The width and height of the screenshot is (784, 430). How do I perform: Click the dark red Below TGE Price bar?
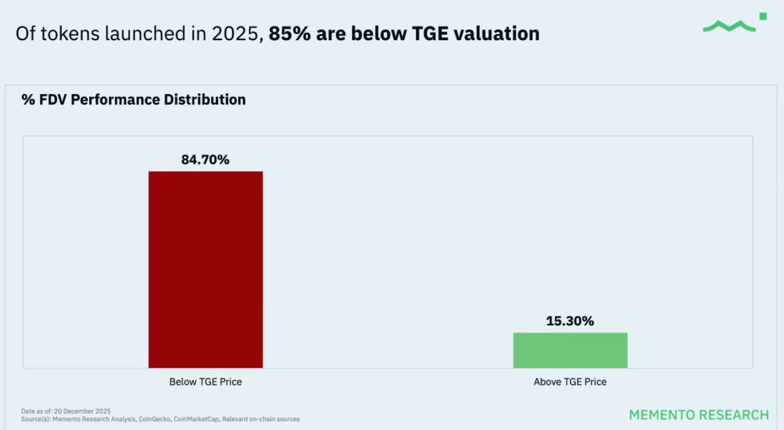click(x=205, y=269)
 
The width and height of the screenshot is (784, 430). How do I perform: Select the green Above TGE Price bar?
click(x=570, y=350)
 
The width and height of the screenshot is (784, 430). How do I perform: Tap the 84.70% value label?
click(x=205, y=160)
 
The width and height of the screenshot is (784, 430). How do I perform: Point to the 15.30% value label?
click(x=570, y=321)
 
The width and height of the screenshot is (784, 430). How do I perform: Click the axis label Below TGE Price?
click(x=205, y=382)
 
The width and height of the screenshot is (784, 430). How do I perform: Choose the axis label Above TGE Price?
click(x=570, y=382)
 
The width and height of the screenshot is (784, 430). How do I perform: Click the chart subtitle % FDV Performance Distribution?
click(x=133, y=100)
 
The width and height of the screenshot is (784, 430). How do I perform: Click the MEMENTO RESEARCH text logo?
click(x=698, y=415)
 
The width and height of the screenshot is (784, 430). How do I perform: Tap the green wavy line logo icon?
click(x=729, y=26)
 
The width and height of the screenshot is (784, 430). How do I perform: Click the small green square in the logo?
click(x=763, y=16)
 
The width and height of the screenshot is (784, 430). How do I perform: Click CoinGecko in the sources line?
click(x=154, y=419)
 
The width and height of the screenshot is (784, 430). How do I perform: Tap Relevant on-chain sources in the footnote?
click(x=261, y=419)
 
